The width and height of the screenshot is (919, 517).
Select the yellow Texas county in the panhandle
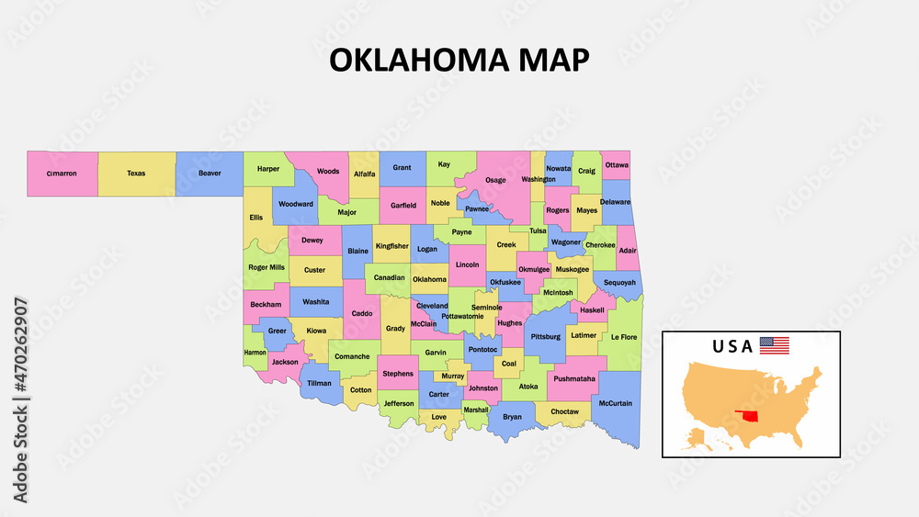[136, 173]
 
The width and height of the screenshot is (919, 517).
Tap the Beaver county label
[210, 173]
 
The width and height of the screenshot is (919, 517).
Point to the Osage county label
[495, 180]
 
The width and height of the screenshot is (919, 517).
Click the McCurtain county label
[615, 403]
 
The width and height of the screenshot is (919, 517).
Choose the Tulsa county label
[538, 231]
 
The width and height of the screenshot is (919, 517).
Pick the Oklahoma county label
[429, 279]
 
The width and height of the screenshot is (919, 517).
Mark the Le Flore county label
[623, 337]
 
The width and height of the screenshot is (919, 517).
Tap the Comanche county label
[352, 356]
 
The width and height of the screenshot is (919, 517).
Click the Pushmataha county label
[574, 378]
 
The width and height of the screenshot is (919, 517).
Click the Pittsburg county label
[545, 336]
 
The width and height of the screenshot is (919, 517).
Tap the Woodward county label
[296, 204]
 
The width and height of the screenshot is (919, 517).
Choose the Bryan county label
[512, 416]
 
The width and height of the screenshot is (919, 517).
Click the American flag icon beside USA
[774, 346]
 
